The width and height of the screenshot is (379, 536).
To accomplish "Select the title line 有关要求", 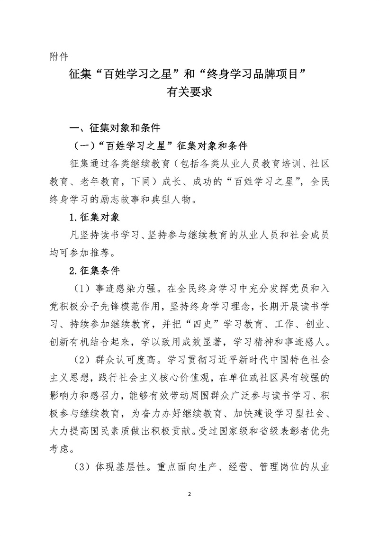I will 189,93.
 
